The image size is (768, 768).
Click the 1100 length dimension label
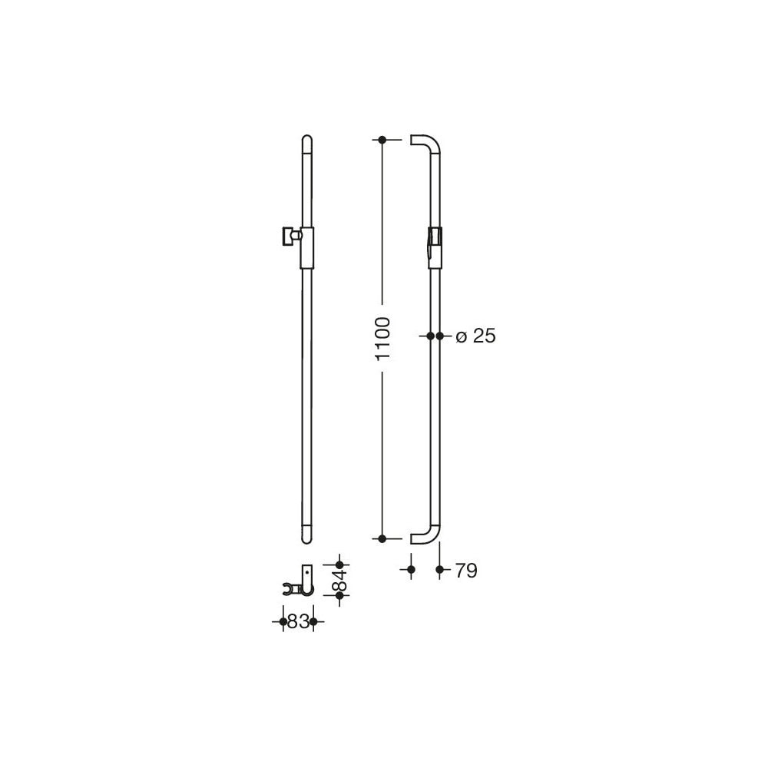(382, 339)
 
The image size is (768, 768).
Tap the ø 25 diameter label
(475, 336)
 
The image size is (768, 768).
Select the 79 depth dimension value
(466, 571)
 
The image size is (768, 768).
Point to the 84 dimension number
(339, 580)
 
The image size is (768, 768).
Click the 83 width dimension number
(298, 621)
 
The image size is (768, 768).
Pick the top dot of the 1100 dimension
(382, 140)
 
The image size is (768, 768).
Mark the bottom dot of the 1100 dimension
(382, 539)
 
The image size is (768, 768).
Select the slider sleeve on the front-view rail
(306, 248)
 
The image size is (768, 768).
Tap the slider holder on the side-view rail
(435, 248)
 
